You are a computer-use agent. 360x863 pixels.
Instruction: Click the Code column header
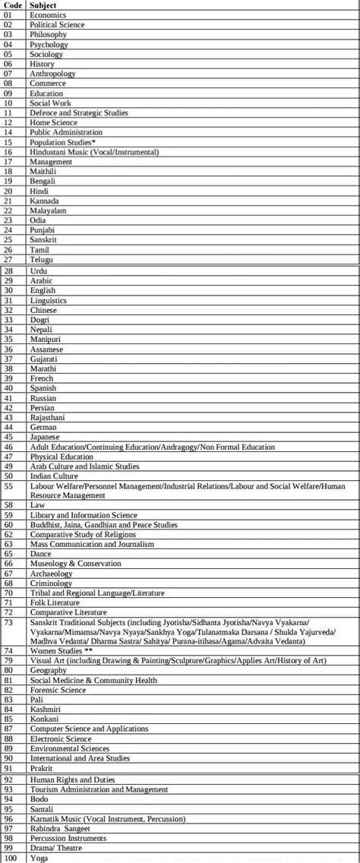click(x=13, y=5)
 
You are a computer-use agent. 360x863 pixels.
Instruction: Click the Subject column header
click(x=44, y=5)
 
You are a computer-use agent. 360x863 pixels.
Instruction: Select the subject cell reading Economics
click(x=48, y=14)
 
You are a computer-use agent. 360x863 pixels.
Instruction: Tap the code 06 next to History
click(x=8, y=64)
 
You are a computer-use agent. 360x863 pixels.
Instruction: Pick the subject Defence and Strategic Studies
click(x=79, y=112)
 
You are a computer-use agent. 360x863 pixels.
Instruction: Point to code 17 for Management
click(x=8, y=162)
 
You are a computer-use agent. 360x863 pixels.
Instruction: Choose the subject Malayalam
click(x=48, y=210)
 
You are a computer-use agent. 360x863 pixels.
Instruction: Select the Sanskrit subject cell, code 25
click(x=43, y=239)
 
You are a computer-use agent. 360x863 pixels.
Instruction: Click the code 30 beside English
click(x=8, y=290)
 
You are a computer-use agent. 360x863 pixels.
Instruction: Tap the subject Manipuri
click(x=46, y=339)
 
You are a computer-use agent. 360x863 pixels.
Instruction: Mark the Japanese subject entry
click(x=46, y=437)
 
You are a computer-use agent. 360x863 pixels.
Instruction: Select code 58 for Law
click(x=8, y=504)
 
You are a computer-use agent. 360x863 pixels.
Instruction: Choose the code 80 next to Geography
click(x=8, y=671)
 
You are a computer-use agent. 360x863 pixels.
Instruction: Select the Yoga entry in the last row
click(x=39, y=858)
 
